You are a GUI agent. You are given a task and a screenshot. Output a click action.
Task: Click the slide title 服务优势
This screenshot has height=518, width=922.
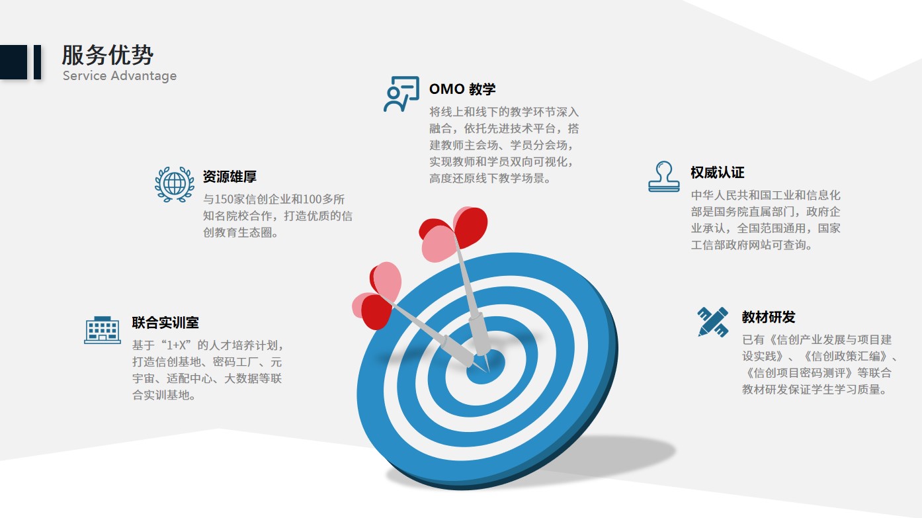107,55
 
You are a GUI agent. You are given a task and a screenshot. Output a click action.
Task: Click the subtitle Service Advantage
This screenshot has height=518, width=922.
119,76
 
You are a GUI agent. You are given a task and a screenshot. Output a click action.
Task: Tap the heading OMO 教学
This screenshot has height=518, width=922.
462,89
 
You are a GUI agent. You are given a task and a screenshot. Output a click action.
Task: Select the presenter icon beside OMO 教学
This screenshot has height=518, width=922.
401,94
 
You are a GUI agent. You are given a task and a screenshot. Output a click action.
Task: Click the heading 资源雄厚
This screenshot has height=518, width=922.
230,177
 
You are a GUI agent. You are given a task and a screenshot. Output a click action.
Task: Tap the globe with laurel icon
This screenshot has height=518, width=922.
175,184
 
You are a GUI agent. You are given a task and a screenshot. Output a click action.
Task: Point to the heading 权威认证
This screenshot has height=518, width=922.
718,173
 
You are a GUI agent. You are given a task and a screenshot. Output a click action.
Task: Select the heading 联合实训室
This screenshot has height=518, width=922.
165,322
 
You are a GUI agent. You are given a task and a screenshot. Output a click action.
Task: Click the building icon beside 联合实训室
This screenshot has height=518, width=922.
103,330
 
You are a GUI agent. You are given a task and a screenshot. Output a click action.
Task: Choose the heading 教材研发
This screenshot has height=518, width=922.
769,317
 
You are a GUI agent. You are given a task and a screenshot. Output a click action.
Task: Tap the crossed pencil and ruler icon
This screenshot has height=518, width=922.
713,322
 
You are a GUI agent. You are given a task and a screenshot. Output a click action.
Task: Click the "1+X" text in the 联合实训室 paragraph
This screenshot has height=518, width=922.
179,345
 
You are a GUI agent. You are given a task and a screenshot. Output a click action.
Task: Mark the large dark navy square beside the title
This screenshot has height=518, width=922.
14,62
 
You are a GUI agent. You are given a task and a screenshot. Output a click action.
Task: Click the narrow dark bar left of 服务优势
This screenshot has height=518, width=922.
37,62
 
